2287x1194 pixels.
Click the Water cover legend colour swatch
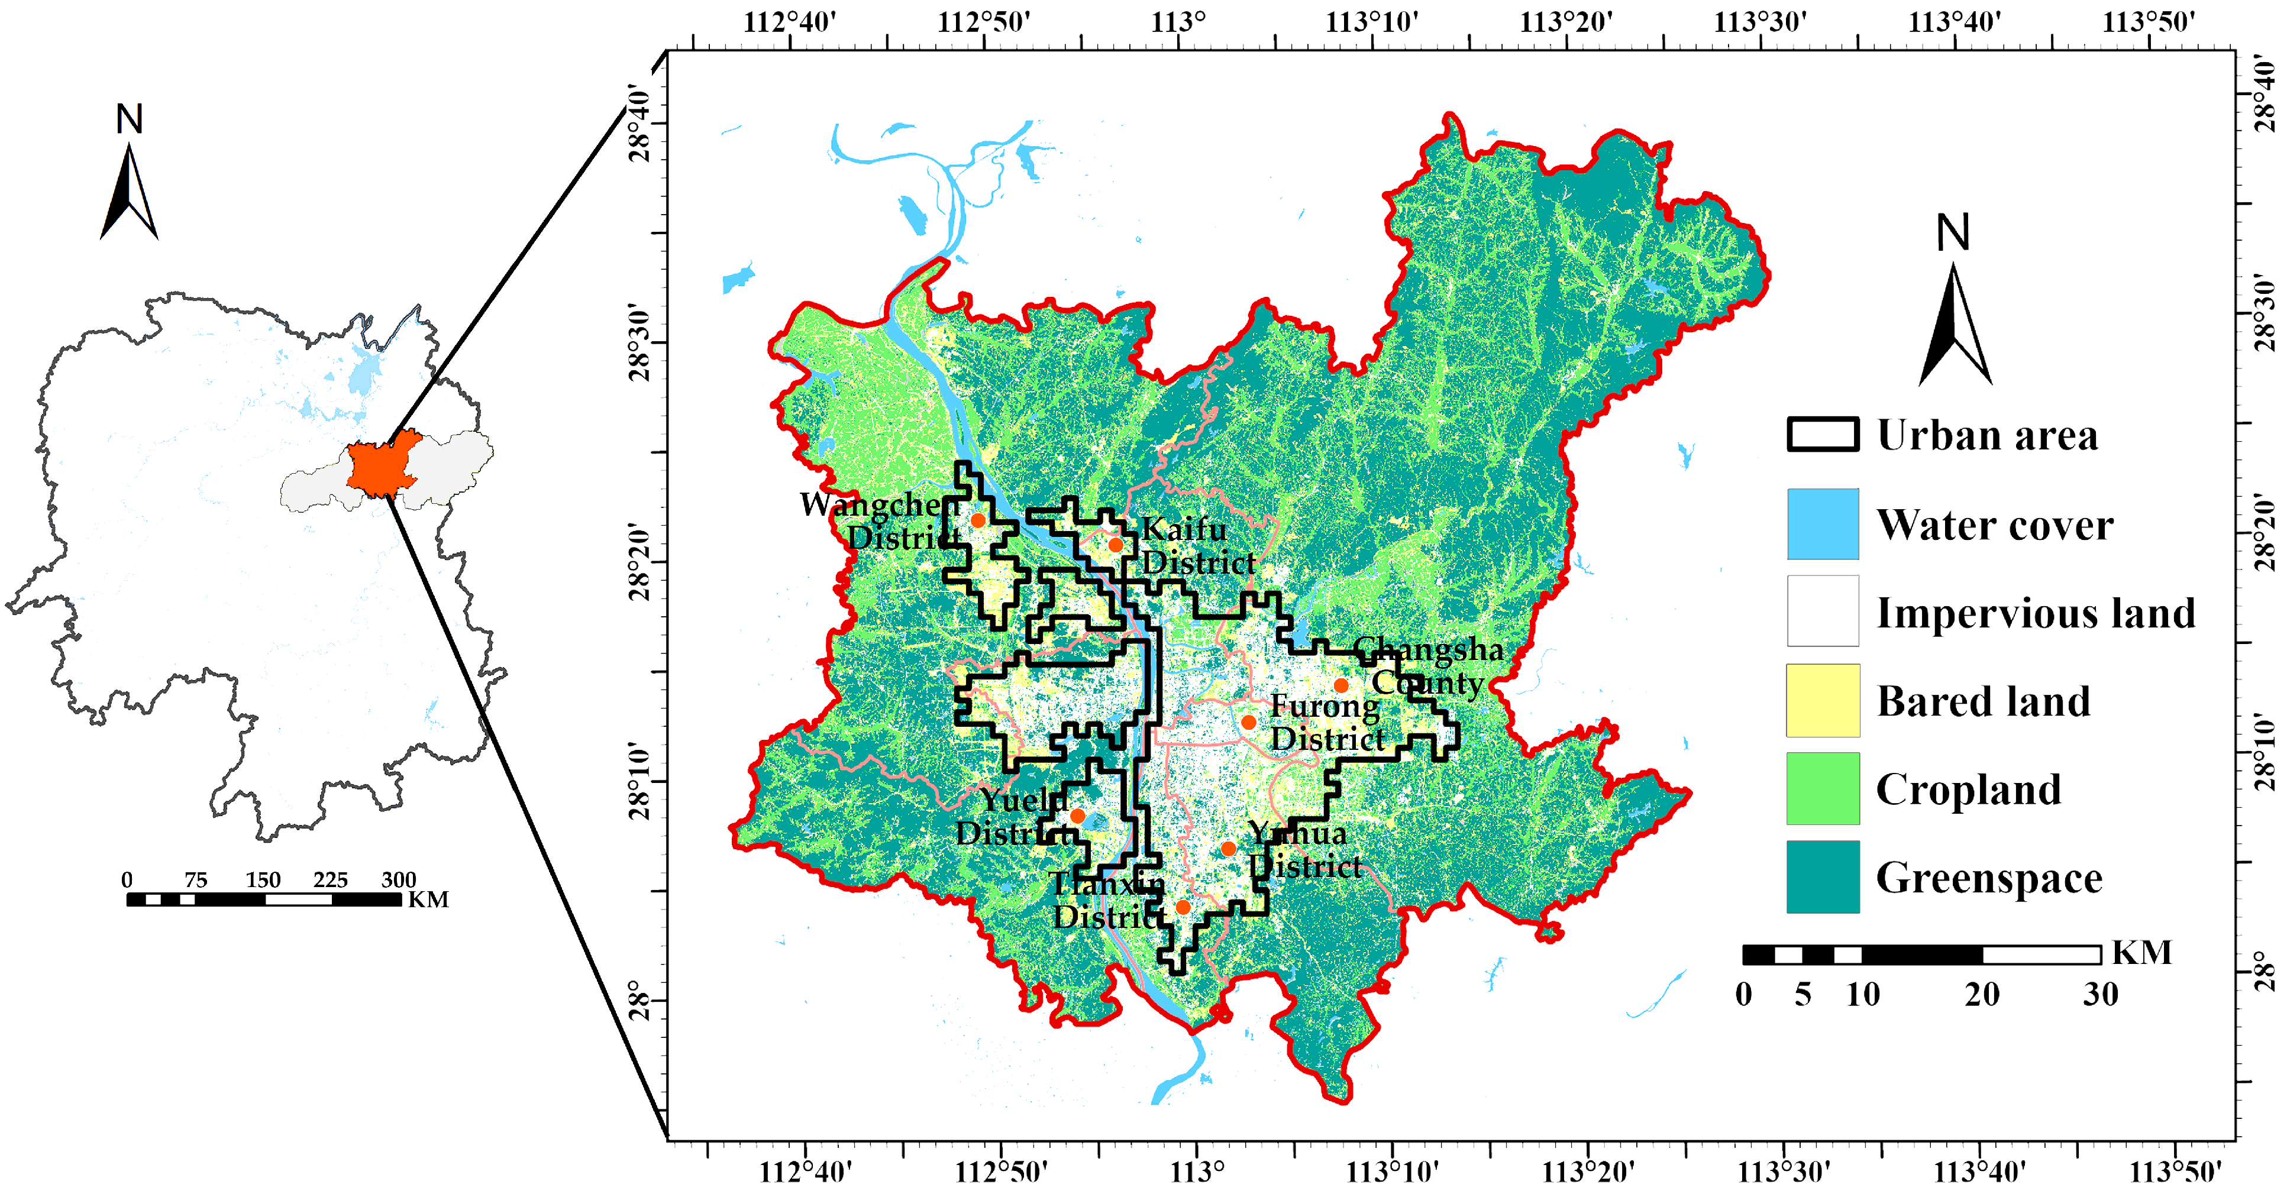[1822, 524]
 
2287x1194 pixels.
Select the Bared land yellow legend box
[1822, 700]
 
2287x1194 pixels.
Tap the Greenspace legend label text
[1989, 878]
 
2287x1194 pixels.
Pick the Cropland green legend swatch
[1822, 788]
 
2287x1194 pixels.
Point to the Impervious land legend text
[2035, 613]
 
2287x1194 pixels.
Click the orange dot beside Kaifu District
[1115, 544]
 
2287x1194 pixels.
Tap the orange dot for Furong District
[1248, 721]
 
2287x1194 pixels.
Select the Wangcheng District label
[879, 521]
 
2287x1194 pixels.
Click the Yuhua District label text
[1303, 850]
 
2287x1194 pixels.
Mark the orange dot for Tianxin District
[1183, 907]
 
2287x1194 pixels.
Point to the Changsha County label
[1427, 666]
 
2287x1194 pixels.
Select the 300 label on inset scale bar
[399, 880]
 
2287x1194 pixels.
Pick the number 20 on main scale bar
[1982, 994]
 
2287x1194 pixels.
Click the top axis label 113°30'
[1760, 21]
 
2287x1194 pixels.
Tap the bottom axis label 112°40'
[805, 1172]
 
